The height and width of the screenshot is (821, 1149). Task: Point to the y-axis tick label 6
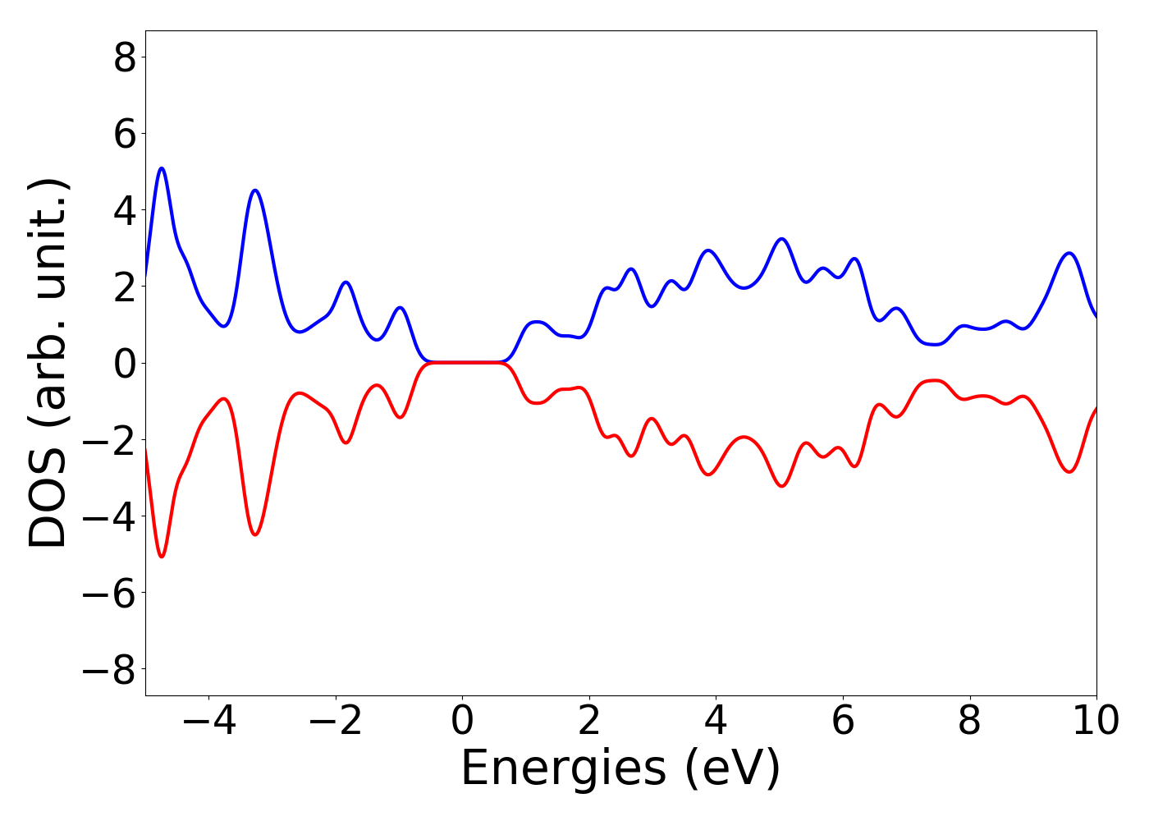tap(125, 134)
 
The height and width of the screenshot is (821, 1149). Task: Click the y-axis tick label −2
tap(109, 440)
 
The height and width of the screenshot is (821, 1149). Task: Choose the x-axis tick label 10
tap(1096, 721)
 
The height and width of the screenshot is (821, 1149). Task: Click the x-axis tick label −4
tap(208, 721)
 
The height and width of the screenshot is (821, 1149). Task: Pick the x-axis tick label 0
tap(462, 721)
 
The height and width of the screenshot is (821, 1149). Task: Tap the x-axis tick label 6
tap(843, 721)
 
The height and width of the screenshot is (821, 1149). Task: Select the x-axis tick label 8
tap(969, 721)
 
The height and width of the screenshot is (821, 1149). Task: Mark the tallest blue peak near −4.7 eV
tap(162, 168)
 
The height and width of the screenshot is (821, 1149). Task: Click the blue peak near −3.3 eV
tap(255, 190)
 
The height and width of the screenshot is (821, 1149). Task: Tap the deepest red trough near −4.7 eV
tap(162, 557)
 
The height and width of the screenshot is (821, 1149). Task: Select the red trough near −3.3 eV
tap(255, 534)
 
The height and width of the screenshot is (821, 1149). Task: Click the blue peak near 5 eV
tap(781, 239)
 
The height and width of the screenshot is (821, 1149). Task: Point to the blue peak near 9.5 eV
tap(1069, 253)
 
